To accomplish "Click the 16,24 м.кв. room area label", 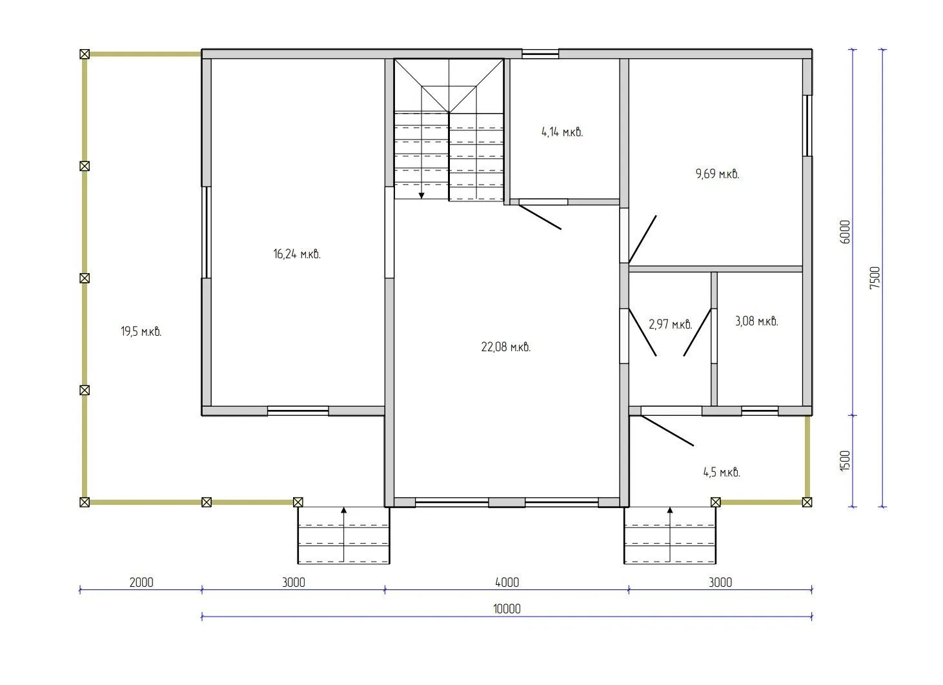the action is point(297,254).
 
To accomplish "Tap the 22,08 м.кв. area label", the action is point(505,347).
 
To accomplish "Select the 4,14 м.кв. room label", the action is point(562,132).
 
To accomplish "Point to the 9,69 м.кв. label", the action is point(717,174).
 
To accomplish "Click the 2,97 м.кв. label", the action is point(670,324).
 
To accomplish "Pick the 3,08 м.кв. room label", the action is point(756,322).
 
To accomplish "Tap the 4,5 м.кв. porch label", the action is point(722,473).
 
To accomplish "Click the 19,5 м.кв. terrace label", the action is point(141,332).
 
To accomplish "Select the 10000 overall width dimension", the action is point(507,609).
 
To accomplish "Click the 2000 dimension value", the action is point(141,583).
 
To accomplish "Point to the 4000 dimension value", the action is point(507,583).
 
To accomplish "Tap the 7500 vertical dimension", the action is point(875,278).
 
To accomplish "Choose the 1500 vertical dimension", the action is point(845,461).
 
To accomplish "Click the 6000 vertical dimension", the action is point(845,232).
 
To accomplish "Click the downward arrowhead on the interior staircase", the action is point(421,196).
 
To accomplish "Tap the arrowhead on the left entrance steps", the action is point(343,510).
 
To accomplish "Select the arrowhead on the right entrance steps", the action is point(670,510).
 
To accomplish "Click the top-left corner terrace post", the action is point(85,54).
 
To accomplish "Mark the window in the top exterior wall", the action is point(540,54).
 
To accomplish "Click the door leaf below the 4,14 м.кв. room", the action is point(540,217).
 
